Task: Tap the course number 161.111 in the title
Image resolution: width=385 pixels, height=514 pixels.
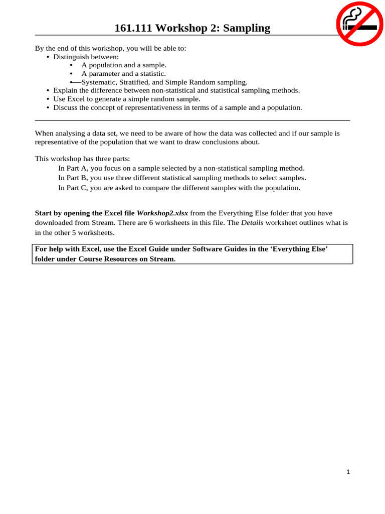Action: pyautogui.click(x=131, y=28)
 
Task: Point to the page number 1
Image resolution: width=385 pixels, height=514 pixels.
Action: pyautogui.click(x=347, y=472)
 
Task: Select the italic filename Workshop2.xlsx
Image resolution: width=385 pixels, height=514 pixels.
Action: pyautogui.click(x=162, y=213)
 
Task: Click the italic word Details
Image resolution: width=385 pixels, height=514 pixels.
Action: pyautogui.click(x=252, y=222)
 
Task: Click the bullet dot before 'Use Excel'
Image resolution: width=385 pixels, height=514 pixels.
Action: pyautogui.click(x=48, y=99)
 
